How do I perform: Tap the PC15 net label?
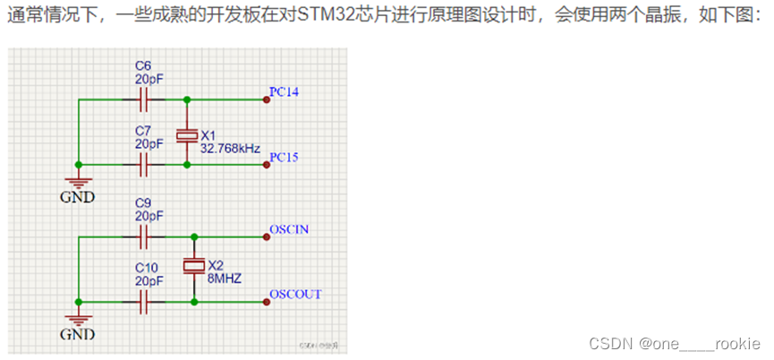[284, 158]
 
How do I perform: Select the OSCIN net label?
[289, 229]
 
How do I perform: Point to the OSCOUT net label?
[295, 294]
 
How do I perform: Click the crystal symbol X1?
[186, 133]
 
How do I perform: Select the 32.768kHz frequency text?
[230, 147]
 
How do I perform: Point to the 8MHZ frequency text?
[225, 279]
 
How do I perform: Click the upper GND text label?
[77, 197]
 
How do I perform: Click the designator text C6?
[143, 65]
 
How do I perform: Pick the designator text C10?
[147, 267]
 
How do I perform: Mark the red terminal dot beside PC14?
[266, 100]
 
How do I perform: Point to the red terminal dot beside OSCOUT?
[266, 302]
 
